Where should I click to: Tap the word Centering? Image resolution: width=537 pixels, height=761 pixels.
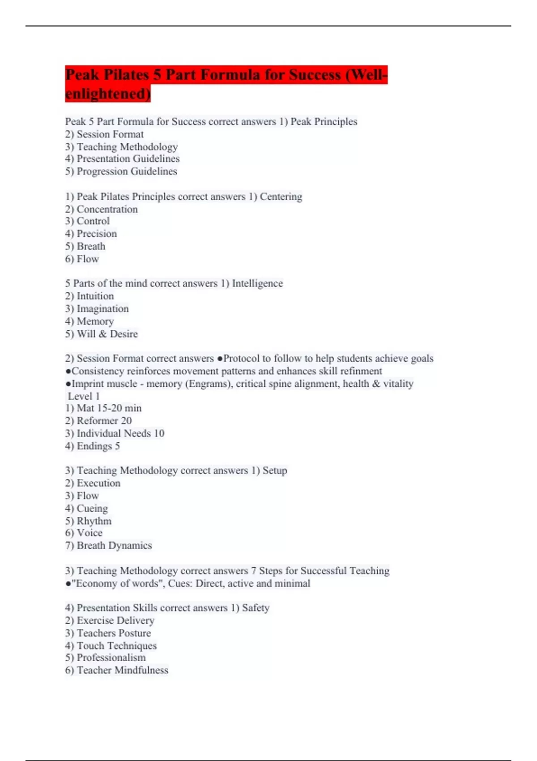(281, 197)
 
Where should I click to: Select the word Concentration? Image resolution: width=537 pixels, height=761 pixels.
(107, 209)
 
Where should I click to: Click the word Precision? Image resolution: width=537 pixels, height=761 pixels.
(97, 234)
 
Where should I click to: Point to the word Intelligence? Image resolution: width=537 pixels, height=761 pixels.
(257, 283)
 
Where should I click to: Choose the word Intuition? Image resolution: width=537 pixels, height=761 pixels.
(95, 296)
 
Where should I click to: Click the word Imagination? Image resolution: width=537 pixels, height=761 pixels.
(102, 309)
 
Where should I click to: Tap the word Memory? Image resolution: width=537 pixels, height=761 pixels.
(95, 321)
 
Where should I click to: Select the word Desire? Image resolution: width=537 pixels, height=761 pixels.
(124, 334)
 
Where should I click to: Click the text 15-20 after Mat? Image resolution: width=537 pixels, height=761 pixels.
(109, 408)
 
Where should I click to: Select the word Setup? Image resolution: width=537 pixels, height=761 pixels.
(275, 470)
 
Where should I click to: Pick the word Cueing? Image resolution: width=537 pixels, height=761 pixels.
(92, 509)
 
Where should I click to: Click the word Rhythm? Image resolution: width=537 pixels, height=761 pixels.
(94, 521)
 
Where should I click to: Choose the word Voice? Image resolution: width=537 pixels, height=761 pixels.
(89, 533)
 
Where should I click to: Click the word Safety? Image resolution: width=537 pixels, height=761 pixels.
(256, 608)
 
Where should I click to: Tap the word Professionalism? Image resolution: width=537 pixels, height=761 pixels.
(111, 658)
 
